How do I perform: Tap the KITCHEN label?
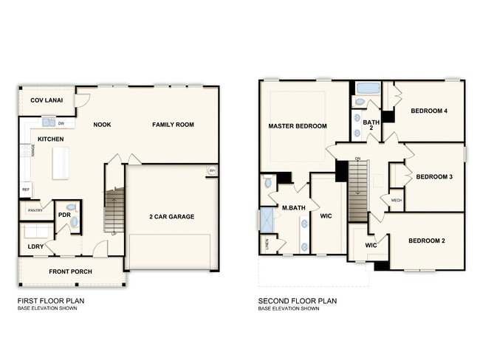click(46, 139)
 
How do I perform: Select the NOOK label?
click(102, 125)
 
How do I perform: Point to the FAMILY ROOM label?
click(173, 125)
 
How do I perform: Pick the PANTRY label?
click(35, 210)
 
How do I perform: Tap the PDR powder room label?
click(64, 215)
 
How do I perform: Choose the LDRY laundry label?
click(35, 246)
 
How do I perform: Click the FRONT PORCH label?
click(70, 271)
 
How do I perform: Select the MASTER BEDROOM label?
click(298, 126)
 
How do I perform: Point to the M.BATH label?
click(294, 207)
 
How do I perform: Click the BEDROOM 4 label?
click(429, 111)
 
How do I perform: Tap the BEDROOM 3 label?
click(433, 176)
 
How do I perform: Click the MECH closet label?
click(396, 200)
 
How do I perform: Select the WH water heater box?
click(212, 172)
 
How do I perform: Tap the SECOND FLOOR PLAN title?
click(298, 301)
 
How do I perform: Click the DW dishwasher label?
click(61, 123)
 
